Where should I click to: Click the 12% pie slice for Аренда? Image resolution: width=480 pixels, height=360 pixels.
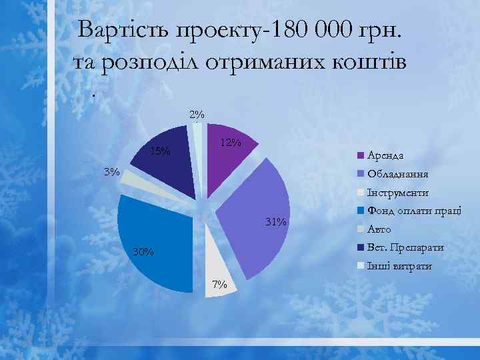[230, 160]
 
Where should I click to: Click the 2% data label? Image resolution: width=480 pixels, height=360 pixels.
[197, 114]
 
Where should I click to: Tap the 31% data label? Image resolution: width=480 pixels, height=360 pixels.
[275, 221]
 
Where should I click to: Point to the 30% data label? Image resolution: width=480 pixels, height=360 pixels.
[143, 252]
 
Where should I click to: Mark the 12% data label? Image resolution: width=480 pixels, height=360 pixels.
[231, 143]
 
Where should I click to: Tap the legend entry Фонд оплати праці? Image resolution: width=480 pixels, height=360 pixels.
[413, 211]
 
